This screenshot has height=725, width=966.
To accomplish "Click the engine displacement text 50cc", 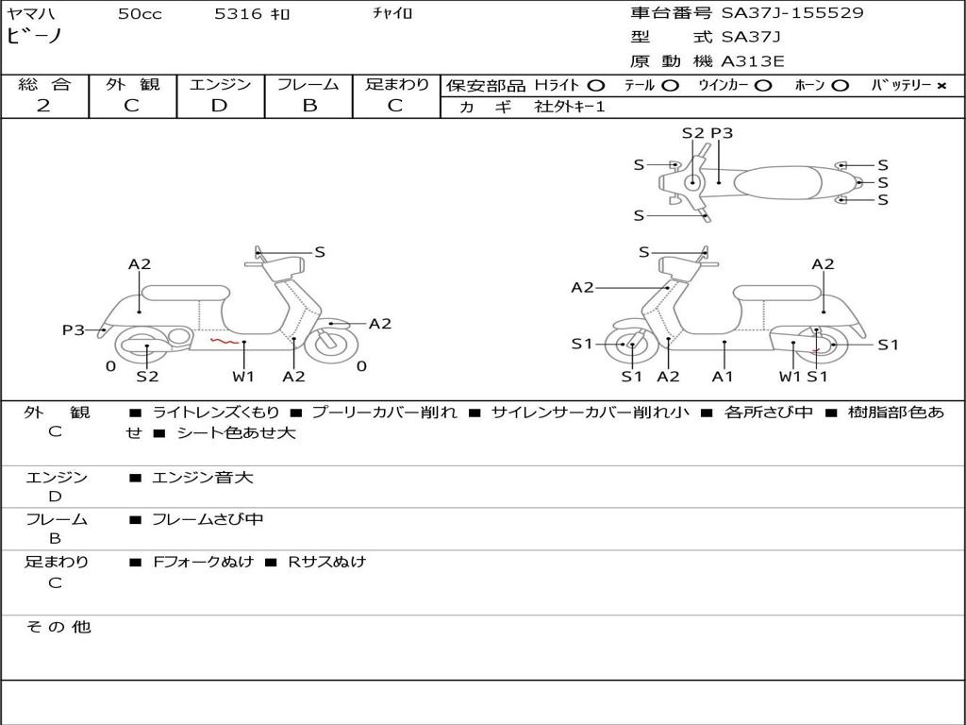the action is (x=140, y=14).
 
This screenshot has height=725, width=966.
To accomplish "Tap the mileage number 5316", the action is (x=237, y=14).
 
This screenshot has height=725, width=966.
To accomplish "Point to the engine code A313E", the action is (x=752, y=62).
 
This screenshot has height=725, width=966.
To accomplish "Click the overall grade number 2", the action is (x=43, y=106).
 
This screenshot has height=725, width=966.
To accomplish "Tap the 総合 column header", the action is (x=44, y=84).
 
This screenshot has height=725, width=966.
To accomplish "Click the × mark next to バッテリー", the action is (x=941, y=85).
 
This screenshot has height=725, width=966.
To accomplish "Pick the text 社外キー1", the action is (x=570, y=107).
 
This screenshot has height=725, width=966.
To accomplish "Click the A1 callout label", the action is (x=723, y=377).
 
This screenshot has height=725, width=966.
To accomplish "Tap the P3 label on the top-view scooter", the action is (x=722, y=133).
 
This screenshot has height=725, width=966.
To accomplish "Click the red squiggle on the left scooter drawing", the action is (x=224, y=341).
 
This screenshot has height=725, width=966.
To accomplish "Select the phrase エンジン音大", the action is (x=202, y=478).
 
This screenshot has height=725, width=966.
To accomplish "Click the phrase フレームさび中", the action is (x=208, y=519).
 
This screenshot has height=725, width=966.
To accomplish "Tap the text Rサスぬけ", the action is (x=326, y=562).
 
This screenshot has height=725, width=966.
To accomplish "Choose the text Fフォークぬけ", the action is (x=204, y=562).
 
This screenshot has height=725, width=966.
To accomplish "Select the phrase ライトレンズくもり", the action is (x=216, y=413).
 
